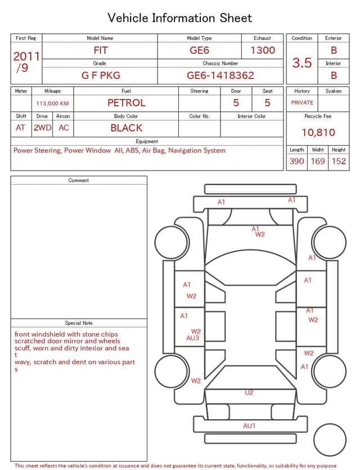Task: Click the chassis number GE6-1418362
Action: pyautogui.click(x=220, y=75)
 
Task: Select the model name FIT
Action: pyautogui.click(x=100, y=50)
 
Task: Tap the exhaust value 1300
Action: pyautogui.click(x=263, y=50)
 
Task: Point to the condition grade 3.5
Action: pyautogui.click(x=302, y=62)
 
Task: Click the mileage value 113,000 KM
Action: pyautogui.click(x=52, y=104)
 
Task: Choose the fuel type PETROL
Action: pyautogui.click(x=127, y=103)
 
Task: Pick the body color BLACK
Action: pyautogui.click(x=127, y=128)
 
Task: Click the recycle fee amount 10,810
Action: pyautogui.click(x=318, y=132)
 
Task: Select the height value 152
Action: pyautogui.click(x=339, y=161)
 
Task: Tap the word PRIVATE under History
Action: pyautogui.click(x=302, y=103)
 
